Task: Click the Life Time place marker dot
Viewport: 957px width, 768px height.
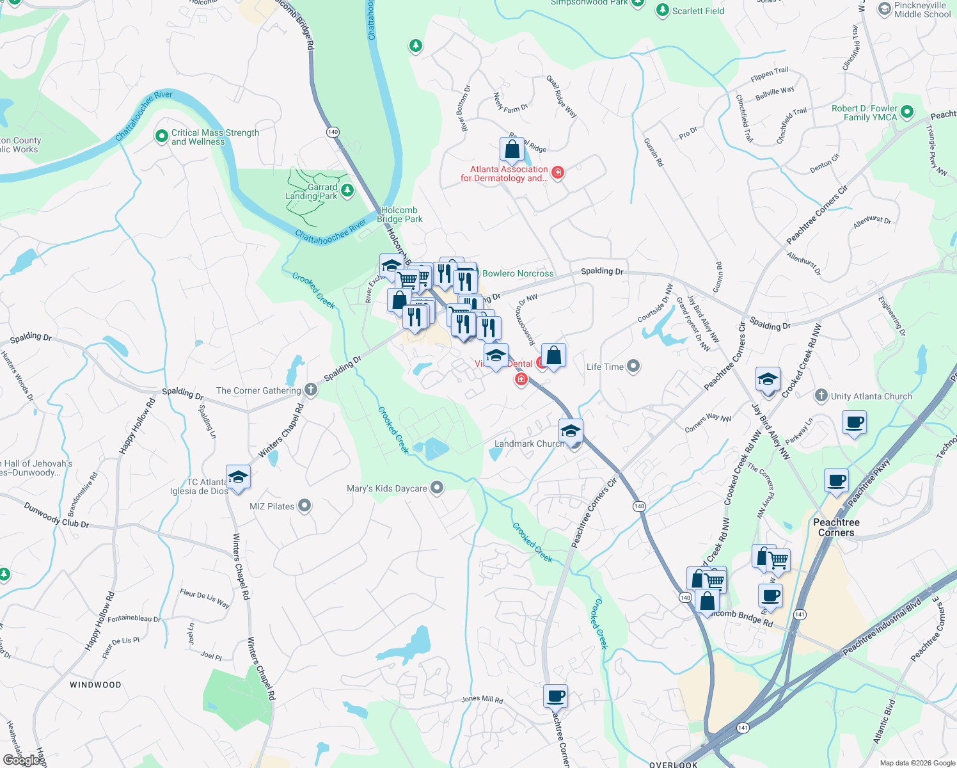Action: (x=633, y=366)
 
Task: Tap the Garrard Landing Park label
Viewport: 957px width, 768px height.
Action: (x=312, y=192)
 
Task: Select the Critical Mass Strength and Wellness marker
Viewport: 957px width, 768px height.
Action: (x=161, y=136)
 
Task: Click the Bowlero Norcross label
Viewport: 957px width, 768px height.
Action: (x=518, y=273)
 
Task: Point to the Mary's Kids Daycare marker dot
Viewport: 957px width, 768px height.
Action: (x=437, y=488)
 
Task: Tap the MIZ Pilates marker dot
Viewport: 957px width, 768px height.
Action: (x=304, y=506)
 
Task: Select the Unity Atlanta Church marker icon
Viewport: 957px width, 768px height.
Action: (x=821, y=396)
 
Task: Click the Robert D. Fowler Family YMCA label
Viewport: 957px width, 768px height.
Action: (x=864, y=113)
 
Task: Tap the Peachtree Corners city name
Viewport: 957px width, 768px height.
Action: (x=836, y=527)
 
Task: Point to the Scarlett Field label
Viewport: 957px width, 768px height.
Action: (x=698, y=11)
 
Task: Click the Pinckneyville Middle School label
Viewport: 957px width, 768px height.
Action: (x=922, y=10)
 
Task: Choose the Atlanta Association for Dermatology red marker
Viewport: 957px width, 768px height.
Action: (x=558, y=173)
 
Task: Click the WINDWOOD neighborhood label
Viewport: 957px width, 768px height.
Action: (x=95, y=685)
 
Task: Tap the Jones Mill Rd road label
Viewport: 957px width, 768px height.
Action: (x=482, y=699)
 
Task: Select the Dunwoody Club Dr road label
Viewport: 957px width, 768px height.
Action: (x=56, y=515)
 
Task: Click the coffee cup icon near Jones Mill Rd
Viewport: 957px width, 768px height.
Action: (x=555, y=696)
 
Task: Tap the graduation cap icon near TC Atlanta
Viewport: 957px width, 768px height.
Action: (x=238, y=477)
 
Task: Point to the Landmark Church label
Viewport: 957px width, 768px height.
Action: (x=529, y=444)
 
